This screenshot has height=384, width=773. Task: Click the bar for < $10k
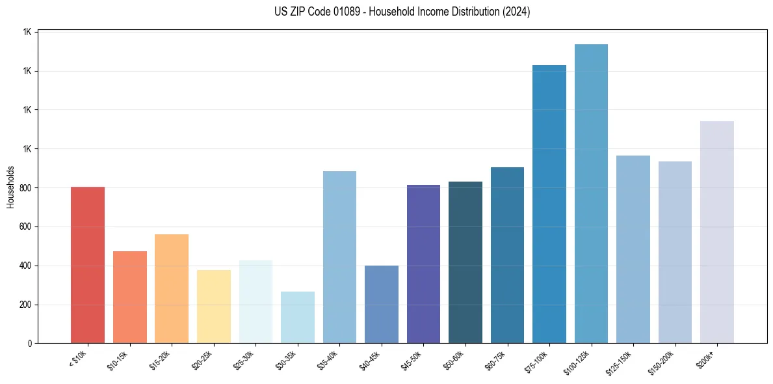coord(88,265)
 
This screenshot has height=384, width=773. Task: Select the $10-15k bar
coord(129,297)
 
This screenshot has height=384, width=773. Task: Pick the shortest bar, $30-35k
coord(297,318)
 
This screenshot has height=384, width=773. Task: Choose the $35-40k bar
coord(339,257)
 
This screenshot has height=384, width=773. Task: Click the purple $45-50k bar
coord(423,264)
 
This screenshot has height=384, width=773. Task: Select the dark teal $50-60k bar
coord(465,262)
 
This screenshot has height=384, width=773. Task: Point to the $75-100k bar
coord(549,204)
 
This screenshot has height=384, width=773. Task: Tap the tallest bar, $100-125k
coord(591,194)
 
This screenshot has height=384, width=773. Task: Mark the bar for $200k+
coord(717,232)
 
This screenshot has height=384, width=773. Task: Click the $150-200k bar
coord(675,253)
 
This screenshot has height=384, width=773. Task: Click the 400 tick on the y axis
coord(27,266)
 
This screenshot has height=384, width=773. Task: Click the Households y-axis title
coord(10,187)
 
